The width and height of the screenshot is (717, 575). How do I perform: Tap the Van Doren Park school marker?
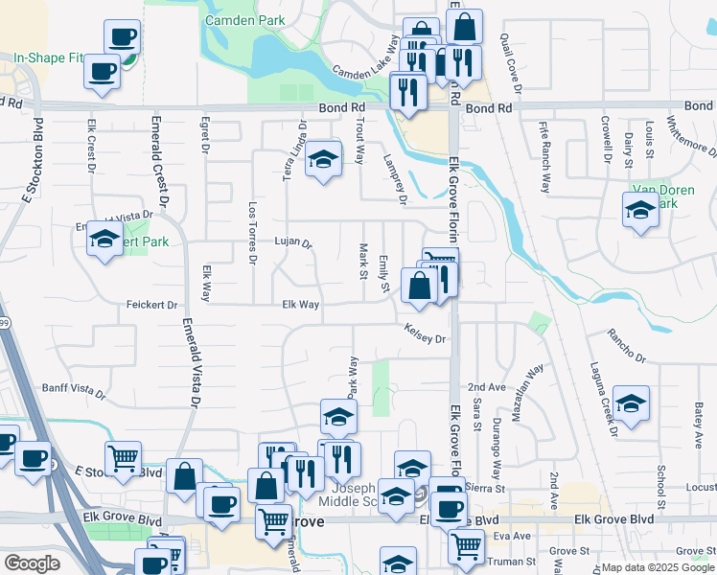point(639,211)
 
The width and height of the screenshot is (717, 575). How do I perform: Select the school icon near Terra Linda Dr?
point(324,160)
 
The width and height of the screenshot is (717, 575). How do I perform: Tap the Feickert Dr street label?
point(152,306)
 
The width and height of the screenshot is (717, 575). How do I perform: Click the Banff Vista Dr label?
point(73,390)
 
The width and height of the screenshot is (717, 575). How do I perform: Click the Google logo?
point(32,563)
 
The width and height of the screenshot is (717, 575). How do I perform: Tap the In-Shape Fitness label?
point(48,57)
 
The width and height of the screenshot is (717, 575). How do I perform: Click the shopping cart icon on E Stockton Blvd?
point(123,459)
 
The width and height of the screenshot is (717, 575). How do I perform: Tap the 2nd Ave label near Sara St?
point(486,387)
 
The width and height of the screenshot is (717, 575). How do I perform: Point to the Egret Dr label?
point(204,136)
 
